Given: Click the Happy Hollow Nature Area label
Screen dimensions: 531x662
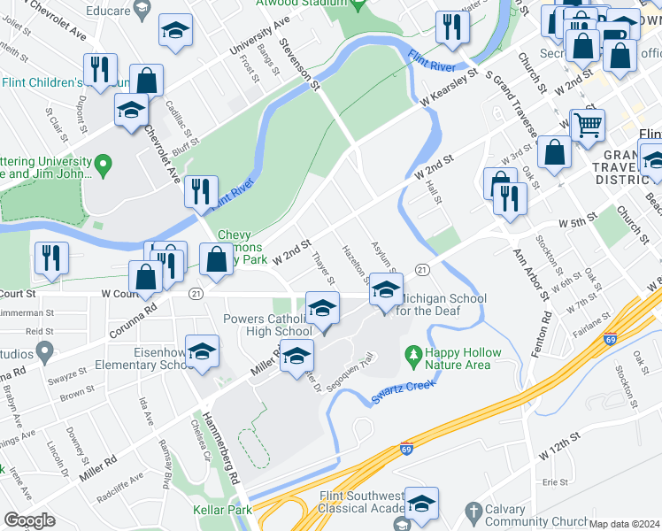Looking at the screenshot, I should [462, 358].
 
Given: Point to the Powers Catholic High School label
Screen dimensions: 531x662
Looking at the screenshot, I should [256, 325].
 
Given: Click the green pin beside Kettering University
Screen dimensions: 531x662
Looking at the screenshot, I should [104, 164].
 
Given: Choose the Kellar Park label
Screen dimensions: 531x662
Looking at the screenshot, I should [222, 509].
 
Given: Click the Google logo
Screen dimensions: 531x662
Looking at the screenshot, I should [29, 520].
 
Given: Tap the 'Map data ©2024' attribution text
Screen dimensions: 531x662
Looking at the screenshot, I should [625, 524].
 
